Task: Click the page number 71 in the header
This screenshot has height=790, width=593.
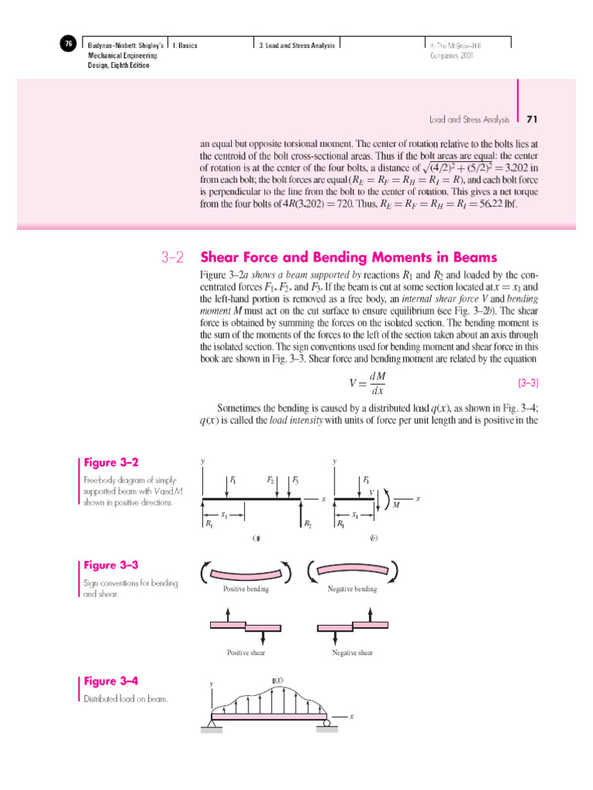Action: tap(531, 120)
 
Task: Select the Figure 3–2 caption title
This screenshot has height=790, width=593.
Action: tap(112, 463)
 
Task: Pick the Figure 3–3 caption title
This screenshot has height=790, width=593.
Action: tap(112, 565)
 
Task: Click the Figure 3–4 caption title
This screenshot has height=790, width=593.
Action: tap(112, 681)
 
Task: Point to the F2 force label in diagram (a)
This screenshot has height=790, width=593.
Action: tap(271, 480)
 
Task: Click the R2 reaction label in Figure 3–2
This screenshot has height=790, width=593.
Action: tap(307, 524)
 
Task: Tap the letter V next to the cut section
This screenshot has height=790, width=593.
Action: tap(371, 491)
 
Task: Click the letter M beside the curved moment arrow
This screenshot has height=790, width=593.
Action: tap(396, 505)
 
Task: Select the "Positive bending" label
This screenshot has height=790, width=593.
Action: tap(246, 589)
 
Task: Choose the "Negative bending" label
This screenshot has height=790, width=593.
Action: tap(354, 589)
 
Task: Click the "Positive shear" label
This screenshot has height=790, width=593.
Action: tap(246, 653)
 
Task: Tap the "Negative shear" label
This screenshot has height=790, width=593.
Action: tap(352, 653)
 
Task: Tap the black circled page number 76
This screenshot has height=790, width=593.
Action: tap(68, 45)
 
